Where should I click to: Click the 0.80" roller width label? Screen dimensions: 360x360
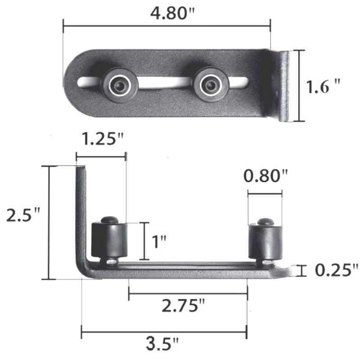pos(265,176)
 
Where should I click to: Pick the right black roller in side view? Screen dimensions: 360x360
pos(265,240)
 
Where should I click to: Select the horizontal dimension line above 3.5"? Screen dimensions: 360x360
pos(164,333)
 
